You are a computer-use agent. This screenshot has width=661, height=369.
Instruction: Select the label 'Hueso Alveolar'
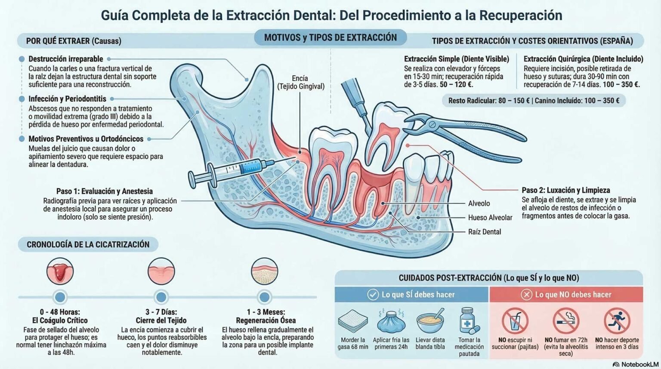(x=490, y=218)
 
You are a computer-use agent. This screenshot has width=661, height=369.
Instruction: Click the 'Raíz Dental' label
(x=484, y=232)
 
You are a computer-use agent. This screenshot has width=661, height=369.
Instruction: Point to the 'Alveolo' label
(x=479, y=203)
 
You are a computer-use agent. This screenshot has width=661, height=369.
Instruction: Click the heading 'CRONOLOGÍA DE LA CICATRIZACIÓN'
(x=88, y=244)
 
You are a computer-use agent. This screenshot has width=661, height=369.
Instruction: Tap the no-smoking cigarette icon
(x=565, y=321)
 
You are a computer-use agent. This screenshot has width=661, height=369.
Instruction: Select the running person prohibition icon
(x=617, y=321)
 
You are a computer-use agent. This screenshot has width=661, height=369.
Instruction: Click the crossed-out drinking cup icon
(x=515, y=321)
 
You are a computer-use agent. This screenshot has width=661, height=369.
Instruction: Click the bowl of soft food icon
(x=430, y=322)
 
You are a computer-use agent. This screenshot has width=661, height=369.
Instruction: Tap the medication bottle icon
(x=468, y=321)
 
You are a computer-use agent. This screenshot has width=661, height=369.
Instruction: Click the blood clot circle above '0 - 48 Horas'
(x=60, y=271)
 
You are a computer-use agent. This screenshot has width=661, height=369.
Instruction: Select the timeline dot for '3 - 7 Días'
(x=161, y=297)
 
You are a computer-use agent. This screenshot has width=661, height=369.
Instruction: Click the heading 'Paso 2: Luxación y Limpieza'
(x=565, y=190)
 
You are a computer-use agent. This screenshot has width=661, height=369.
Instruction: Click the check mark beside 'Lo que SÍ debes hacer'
(x=373, y=295)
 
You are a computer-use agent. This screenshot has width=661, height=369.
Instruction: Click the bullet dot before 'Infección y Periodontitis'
(x=22, y=99)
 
